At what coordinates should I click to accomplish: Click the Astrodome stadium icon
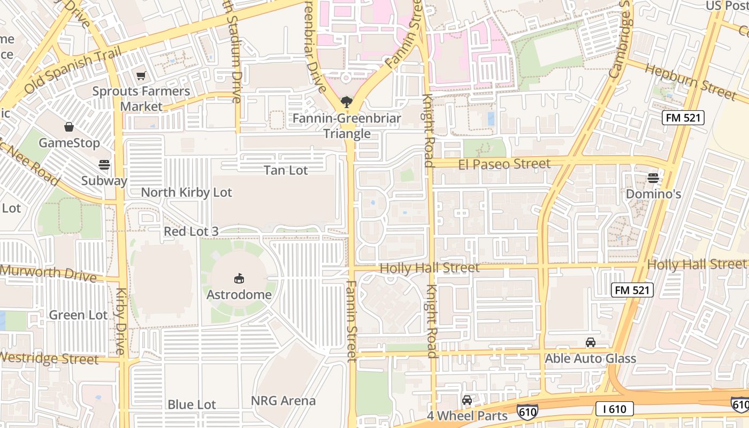coord(239,278)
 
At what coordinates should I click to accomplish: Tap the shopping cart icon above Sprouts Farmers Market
coord(141,76)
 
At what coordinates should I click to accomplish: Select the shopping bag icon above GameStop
coord(69,127)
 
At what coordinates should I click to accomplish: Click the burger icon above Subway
coord(104,164)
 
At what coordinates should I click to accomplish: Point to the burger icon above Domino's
coord(653,178)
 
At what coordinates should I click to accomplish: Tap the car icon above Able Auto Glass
coord(591,342)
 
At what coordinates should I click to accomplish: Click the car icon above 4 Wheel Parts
coord(467,400)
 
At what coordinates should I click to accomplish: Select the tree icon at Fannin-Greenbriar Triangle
coord(347,102)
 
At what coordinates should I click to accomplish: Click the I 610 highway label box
coord(615,409)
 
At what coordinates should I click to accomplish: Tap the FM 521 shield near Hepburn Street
coord(683,118)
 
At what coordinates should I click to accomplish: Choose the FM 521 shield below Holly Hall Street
coord(632,291)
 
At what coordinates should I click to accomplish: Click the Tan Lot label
coord(286,171)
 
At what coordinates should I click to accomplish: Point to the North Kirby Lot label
coord(186,193)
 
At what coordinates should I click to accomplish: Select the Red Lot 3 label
coord(191,232)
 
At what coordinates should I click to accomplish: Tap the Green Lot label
coord(78,315)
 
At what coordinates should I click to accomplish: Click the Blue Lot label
coord(192,404)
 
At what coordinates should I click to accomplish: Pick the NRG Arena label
coord(284,401)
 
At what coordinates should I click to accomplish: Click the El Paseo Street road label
coord(504,164)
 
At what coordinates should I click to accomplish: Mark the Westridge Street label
coord(49,358)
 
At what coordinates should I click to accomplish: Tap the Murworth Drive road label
coord(48,273)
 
